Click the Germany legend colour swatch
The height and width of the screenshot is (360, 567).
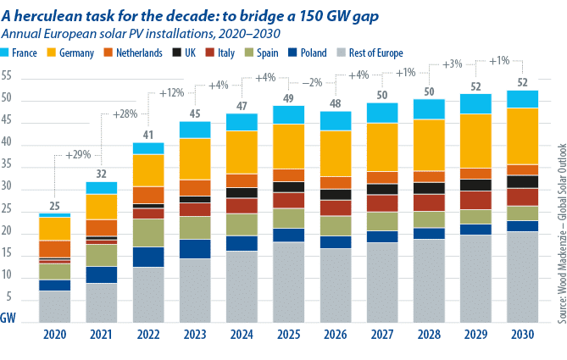coord(52,53)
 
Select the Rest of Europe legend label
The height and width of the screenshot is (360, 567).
coord(375,53)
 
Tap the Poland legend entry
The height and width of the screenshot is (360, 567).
coord(308,53)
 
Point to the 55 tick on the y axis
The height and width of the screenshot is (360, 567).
coord(7,76)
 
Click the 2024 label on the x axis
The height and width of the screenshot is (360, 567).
coord(242,335)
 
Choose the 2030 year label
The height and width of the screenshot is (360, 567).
coord(523,335)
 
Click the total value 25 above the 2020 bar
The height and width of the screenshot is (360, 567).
coord(54,206)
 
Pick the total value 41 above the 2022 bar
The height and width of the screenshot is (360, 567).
coord(148,135)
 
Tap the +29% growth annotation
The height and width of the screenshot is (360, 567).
coord(78,155)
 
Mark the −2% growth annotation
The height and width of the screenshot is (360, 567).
coord(312,82)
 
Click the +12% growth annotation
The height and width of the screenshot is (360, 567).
coord(172,93)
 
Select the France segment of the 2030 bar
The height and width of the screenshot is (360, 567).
coord(523,99)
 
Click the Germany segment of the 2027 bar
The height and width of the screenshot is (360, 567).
coord(382,147)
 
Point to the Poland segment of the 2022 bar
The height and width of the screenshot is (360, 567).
coord(148,257)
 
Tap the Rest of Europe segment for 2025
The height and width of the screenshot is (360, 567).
coord(288,282)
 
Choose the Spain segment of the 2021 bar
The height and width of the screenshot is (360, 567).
coord(101,256)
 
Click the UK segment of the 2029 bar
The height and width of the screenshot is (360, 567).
coord(475,185)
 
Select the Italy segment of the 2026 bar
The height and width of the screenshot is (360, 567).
coord(336,208)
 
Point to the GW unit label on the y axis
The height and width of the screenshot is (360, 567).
coord(8,318)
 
